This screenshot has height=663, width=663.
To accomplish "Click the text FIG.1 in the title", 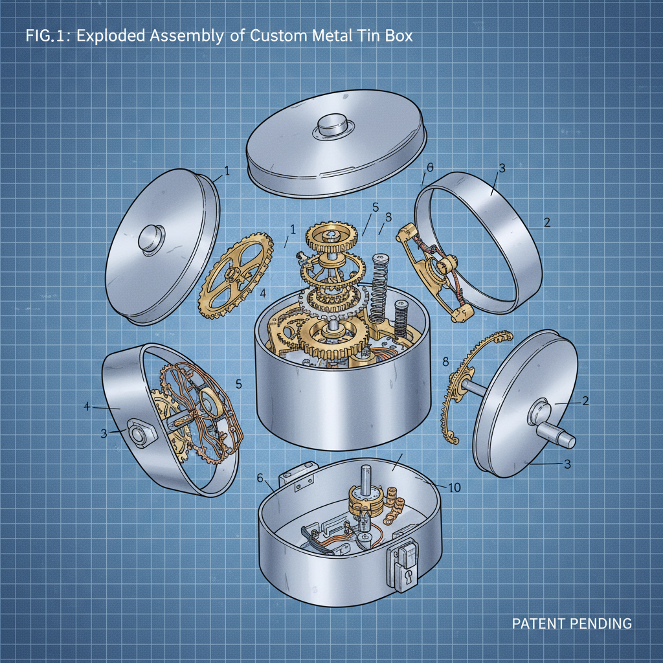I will click(x=48, y=36).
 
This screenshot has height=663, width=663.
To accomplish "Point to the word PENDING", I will click(x=602, y=624).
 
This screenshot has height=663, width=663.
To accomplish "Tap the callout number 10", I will click(x=454, y=487).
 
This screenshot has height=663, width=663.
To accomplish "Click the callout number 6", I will click(x=260, y=478).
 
